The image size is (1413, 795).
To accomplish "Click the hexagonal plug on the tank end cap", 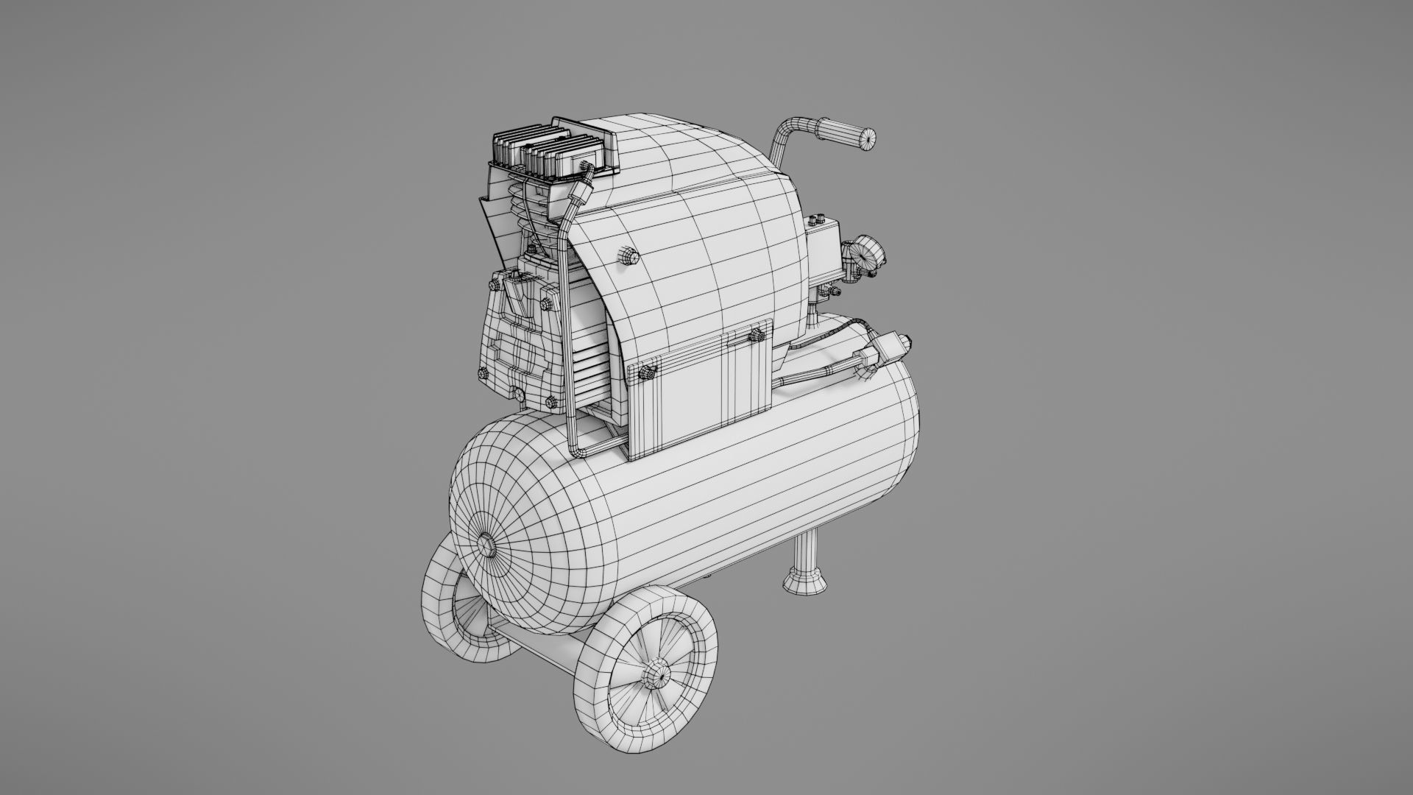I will (x=486, y=545).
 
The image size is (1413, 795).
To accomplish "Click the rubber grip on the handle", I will (x=846, y=135).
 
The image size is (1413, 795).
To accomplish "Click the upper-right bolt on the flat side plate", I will (x=755, y=336).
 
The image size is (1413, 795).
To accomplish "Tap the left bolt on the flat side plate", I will (x=648, y=372).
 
